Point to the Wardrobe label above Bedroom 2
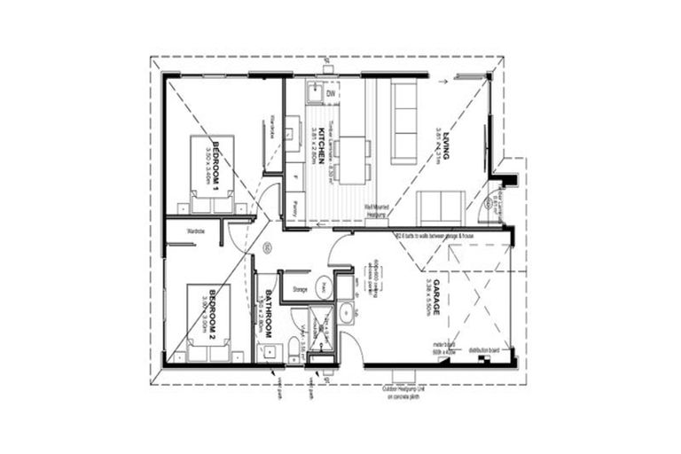(196, 232)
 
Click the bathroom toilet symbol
(294, 348)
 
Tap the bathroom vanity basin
(265, 352)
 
